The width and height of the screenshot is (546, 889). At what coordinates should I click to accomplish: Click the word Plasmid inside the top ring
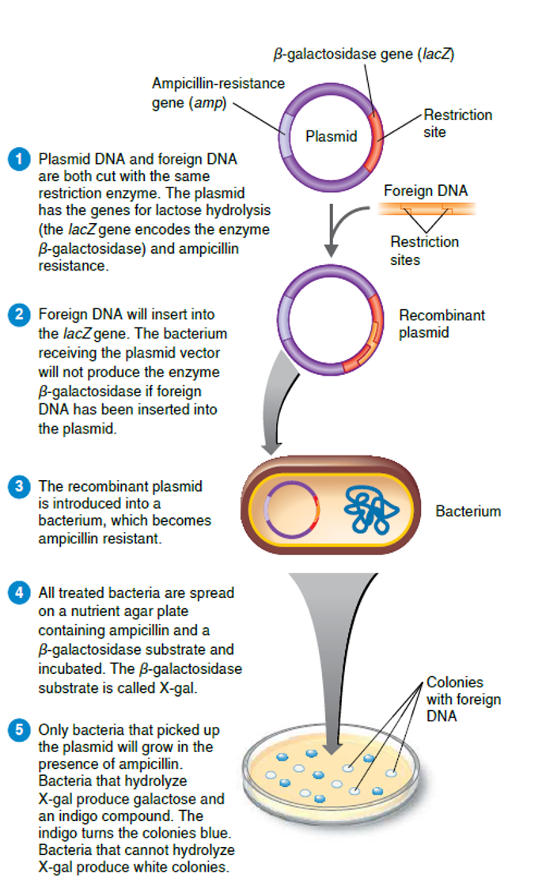click(332, 136)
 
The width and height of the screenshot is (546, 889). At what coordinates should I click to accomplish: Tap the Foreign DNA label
click(426, 191)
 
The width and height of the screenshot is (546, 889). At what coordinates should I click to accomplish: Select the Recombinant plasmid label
click(442, 324)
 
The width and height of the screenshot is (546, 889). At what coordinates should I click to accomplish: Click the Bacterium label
click(468, 511)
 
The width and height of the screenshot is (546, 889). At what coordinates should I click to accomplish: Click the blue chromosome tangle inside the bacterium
click(369, 506)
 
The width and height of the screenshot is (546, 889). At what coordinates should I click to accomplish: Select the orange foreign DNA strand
click(426, 209)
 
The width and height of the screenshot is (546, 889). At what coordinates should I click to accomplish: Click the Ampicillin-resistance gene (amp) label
click(218, 93)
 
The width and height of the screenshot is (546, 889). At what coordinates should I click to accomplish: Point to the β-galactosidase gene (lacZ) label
click(363, 54)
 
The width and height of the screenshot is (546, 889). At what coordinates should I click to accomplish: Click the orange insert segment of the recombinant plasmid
click(360, 360)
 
